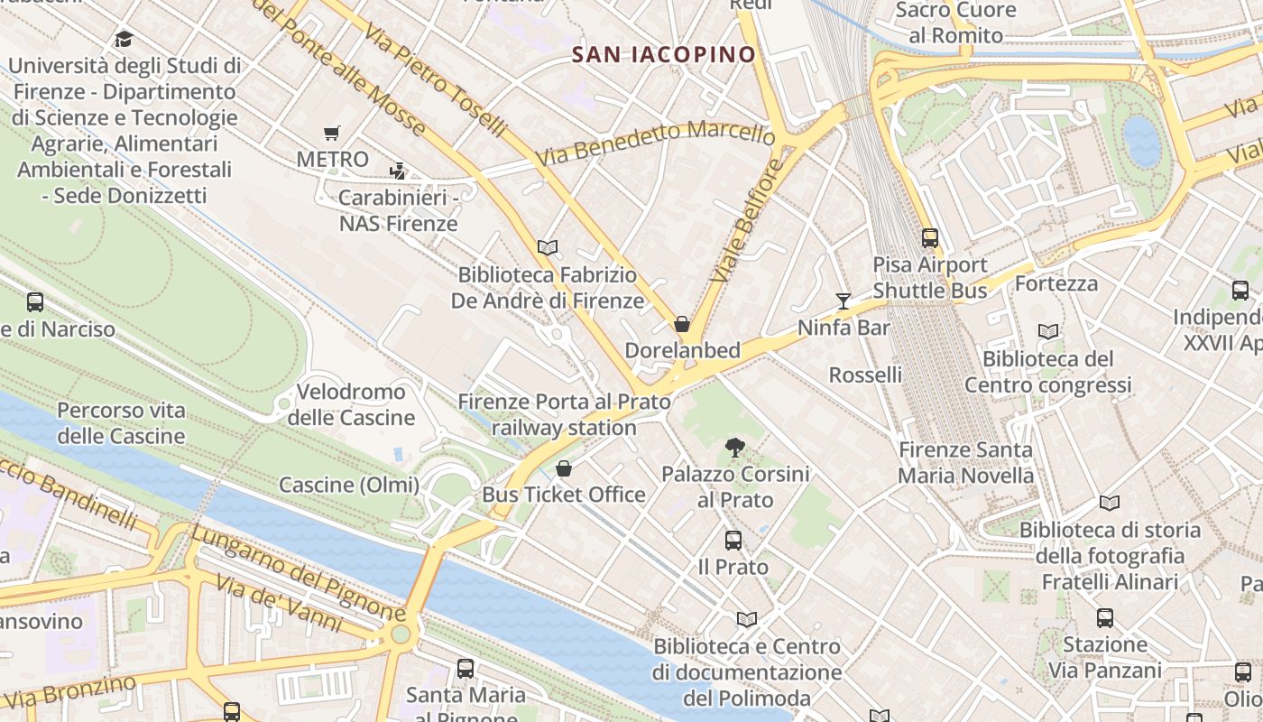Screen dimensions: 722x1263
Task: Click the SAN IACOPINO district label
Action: (x=664, y=54)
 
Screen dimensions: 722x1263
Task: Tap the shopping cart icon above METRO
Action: (x=332, y=134)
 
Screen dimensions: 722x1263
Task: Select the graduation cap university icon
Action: (x=124, y=39)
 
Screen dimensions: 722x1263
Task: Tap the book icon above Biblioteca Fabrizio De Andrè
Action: (x=547, y=247)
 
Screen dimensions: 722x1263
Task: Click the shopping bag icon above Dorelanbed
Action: (x=682, y=324)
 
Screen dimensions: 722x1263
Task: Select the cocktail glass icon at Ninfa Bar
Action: (x=844, y=301)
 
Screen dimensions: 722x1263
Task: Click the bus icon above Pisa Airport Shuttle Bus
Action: (x=929, y=239)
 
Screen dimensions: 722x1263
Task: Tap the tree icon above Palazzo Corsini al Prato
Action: (x=735, y=447)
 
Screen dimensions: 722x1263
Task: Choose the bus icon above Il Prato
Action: (x=733, y=541)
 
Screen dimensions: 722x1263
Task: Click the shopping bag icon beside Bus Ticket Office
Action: (x=564, y=468)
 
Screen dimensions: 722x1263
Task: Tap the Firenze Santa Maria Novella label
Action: (x=966, y=462)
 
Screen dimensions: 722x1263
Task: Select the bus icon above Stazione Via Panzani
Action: (x=1105, y=618)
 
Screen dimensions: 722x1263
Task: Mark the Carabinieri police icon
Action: (x=397, y=171)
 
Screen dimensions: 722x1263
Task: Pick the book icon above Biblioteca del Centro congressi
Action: (x=1047, y=332)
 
